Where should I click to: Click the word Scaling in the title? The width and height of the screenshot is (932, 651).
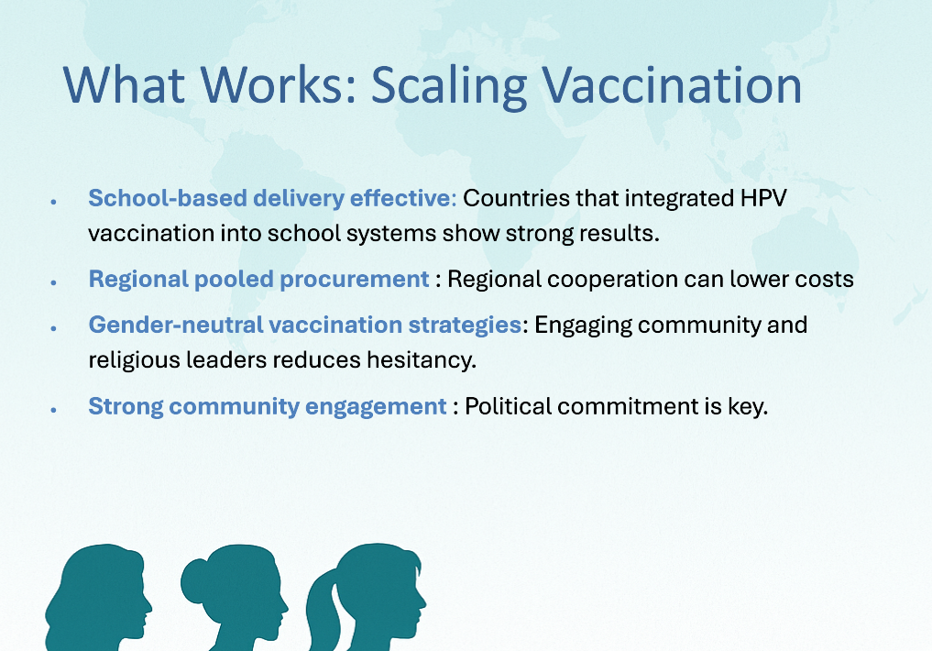click(449, 87)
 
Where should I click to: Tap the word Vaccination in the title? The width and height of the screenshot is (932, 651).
click(672, 85)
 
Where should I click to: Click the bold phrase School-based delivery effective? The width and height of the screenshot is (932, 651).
click(272, 199)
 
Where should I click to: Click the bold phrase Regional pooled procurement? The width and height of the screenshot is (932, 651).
click(258, 280)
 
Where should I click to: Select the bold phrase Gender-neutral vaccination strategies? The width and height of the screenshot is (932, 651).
click(305, 325)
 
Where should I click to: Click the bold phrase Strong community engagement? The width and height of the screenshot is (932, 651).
click(268, 407)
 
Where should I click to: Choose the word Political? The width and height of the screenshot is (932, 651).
click(509, 407)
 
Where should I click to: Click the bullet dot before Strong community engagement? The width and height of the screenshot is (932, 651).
click(53, 410)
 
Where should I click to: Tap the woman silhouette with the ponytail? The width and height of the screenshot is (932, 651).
click(367, 598)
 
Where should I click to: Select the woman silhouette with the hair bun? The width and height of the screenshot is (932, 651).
click(235, 598)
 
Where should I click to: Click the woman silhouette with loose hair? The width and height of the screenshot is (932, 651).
click(99, 598)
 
